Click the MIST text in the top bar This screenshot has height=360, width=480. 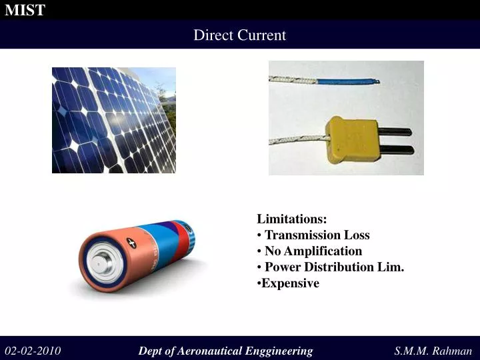[25, 10]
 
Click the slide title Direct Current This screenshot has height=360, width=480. [239, 35]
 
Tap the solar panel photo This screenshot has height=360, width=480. [114, 120]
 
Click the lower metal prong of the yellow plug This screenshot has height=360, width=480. [396, 149]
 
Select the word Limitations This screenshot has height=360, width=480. [292, 219]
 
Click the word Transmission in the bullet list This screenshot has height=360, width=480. [303, 235]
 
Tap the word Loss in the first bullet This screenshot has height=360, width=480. [357, 235]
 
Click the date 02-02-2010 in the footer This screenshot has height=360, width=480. [33, 351]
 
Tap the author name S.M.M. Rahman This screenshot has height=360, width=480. [433, 351]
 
